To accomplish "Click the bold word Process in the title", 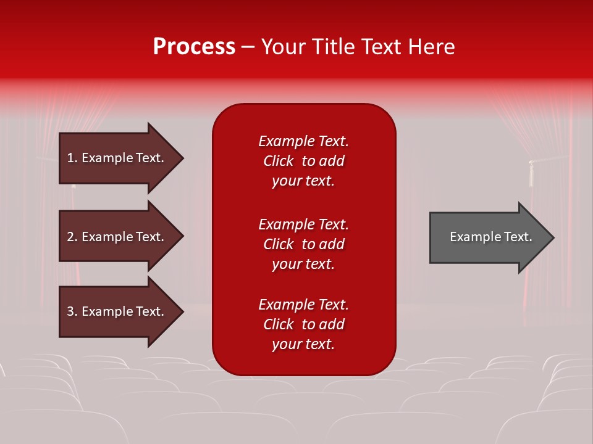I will pos(194,47).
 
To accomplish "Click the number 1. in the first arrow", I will pos(72,158).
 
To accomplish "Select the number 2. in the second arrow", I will pos(72,237).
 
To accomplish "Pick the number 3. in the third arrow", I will pos(72,311).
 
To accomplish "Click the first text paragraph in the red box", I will pos(303,161).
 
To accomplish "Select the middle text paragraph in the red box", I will pos(303,244).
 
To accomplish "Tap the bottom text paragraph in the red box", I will pos(303,324).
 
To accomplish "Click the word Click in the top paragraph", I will pos(278,161).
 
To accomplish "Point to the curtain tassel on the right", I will pos(530,174).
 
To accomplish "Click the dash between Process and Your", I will pos(248,47).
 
